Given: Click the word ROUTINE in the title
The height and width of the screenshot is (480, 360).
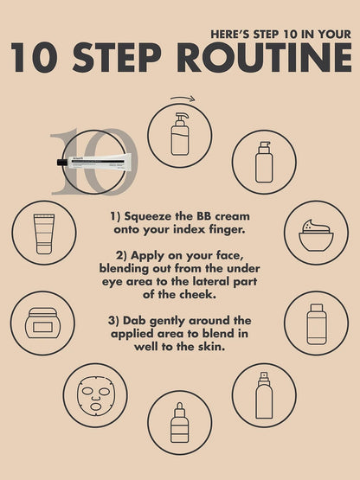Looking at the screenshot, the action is (x=264, y=57).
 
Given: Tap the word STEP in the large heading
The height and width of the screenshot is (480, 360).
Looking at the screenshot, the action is (x=117, y=57).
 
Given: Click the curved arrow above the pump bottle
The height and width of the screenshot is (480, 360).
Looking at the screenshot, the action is (x=183, y=99).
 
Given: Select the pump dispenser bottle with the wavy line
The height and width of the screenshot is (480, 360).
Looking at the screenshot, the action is (x=180, y=134).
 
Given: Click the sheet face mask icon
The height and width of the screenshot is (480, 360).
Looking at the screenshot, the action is (x=95, y=396).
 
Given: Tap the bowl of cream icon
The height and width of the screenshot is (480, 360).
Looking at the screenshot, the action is (x=316, y=234).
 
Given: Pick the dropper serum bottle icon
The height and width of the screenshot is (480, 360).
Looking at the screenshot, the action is (x=179, y=422).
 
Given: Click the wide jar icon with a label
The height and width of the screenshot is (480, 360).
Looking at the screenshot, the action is (x=42, y=323).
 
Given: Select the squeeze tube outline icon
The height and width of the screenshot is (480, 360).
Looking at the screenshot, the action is (x=44, y=234).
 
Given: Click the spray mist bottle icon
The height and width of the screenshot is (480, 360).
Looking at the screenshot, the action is (x=264, y=395).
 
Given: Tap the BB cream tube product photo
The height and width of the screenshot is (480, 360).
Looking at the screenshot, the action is (x=94, y=161).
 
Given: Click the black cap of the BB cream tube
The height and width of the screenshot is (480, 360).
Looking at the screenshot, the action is (x=61, y=163).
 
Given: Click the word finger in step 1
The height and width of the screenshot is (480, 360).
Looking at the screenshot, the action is (x=228, y=229).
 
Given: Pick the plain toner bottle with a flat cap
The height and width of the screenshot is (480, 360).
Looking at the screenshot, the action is (x=317, y=323).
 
